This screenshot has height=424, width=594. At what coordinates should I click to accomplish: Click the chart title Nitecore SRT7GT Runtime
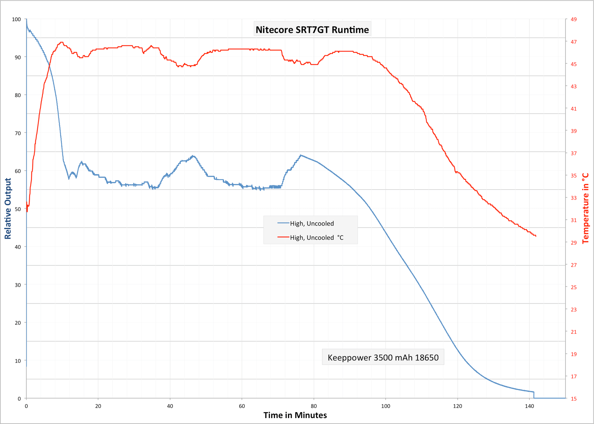pos(312,30)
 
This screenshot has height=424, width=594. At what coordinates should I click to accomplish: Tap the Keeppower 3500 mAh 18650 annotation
pos(383,357)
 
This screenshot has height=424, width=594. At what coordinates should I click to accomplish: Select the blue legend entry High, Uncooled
pos(312,224)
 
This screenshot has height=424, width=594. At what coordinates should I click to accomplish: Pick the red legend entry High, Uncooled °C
pos(316,238)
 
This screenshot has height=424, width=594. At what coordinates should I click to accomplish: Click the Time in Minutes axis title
pos(295,415)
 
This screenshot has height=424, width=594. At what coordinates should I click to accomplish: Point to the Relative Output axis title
pos(8,208)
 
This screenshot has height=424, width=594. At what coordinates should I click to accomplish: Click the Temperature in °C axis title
pos(586,208)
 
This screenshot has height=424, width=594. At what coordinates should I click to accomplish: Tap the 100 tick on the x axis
pos(385,406)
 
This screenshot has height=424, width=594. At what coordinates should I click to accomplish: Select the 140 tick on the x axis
pos(529,406)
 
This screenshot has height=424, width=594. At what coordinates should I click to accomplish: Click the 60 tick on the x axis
pos(242,406)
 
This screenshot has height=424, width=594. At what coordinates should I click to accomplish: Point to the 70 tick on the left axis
pos(16,133)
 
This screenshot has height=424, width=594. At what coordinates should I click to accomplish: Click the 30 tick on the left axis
pos(16,285)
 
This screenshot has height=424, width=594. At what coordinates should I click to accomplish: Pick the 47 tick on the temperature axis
pos(574,42)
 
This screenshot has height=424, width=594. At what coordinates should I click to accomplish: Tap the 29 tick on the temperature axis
pos(574,243)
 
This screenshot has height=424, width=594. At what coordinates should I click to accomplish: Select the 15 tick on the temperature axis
pos(574,399)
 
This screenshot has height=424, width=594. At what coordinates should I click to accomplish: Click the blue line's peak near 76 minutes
pos(300,155)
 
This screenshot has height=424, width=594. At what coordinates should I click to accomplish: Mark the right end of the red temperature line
pos(536,236)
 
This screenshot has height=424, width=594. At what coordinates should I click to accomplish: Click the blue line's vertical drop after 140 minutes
pos(534,395)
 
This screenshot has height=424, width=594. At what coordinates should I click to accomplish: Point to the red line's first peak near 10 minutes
pos(61,42)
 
